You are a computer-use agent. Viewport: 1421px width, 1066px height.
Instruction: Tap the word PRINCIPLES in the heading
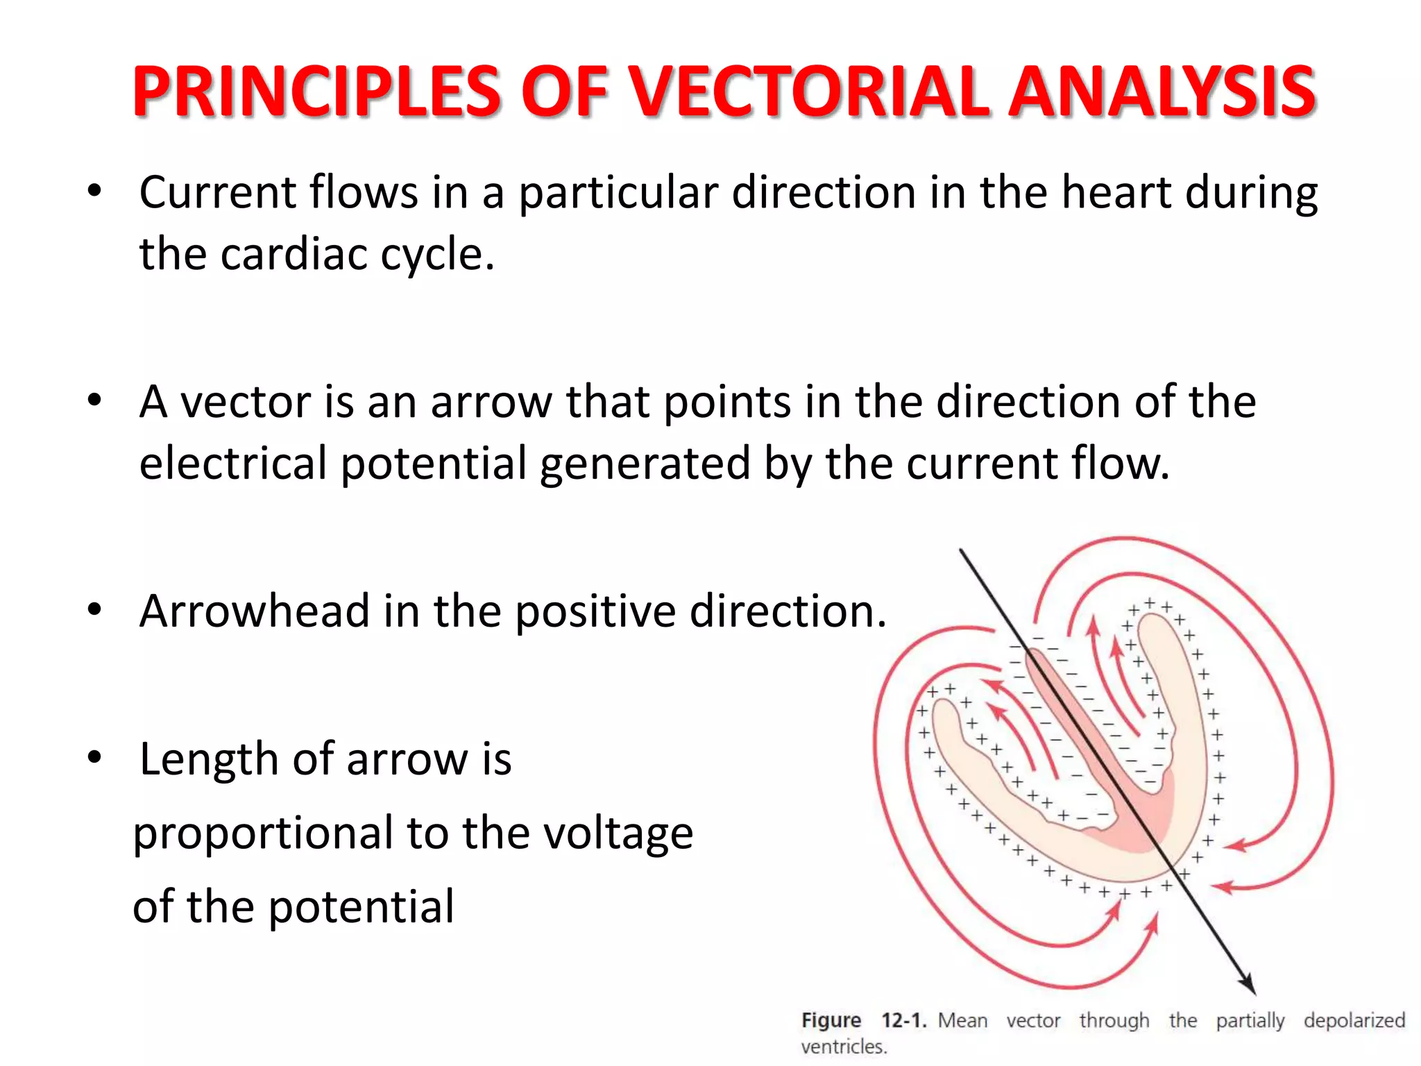316,91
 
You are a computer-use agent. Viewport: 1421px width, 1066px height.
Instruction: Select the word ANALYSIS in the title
1162,91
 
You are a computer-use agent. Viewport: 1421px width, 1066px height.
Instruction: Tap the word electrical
233,464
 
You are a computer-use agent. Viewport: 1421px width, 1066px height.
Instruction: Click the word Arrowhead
254,611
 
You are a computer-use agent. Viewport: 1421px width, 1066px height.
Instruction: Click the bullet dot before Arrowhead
95,610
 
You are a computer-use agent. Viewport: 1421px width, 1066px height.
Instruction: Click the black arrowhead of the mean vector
1248,985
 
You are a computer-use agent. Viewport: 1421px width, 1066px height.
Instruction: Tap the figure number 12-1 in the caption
903,1021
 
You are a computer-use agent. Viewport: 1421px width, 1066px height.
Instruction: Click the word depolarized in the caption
1354,1021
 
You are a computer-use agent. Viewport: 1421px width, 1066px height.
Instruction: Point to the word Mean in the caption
962,1021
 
